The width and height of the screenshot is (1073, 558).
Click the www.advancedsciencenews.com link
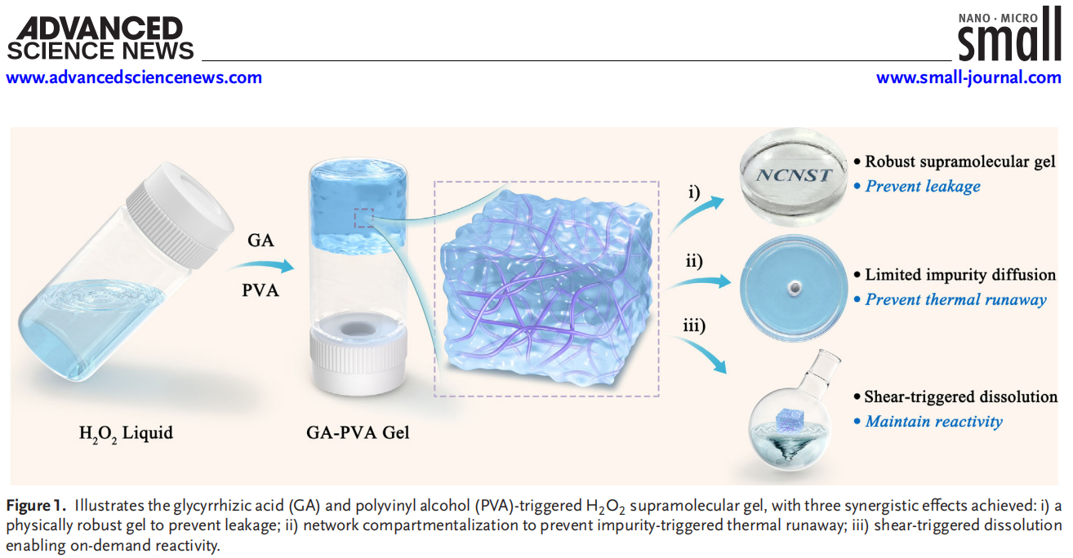[x=135, y=77]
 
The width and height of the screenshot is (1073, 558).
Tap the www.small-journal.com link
[x=968, y=77]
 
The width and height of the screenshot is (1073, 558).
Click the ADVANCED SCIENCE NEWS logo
[x=100, y=39]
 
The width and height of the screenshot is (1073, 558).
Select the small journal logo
[x=1009, y=36]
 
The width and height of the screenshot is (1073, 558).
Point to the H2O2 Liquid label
[x=126, y=432]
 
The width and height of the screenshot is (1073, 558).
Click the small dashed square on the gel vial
[x=364, y=218]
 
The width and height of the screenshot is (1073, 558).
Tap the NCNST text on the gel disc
[x=794, y=174]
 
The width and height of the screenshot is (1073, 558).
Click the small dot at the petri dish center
[x=792, y=288]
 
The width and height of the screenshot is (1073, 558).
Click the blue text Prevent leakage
[x=923, y=187]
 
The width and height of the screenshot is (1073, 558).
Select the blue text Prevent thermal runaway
[x=955, y=299]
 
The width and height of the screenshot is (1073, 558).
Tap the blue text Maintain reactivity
[x=933, y=422]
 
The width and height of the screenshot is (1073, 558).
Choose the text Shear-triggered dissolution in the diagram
[x=960, y=397]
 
